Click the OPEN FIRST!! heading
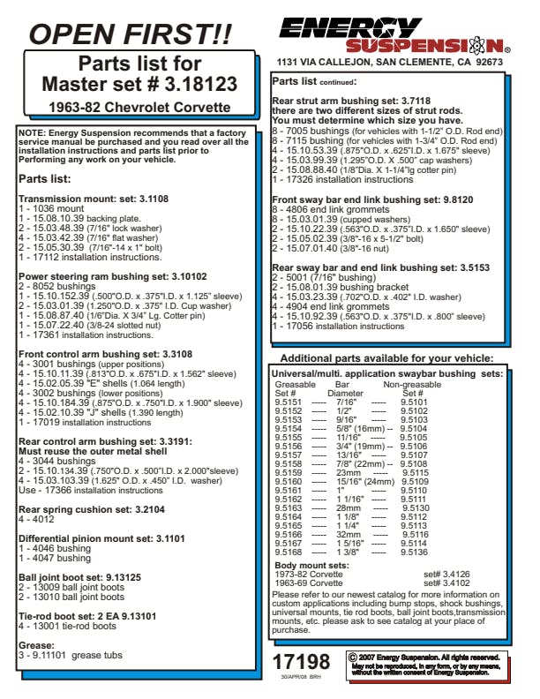coord(130,34)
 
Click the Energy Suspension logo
coord(391,35)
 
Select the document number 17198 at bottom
coord(301,662)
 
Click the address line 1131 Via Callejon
coord(390,64)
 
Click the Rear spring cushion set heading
coord(91,510)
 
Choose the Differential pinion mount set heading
coord(101,537)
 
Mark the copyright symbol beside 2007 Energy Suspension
coord(353,657)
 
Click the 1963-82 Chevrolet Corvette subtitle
coord(139,108)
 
